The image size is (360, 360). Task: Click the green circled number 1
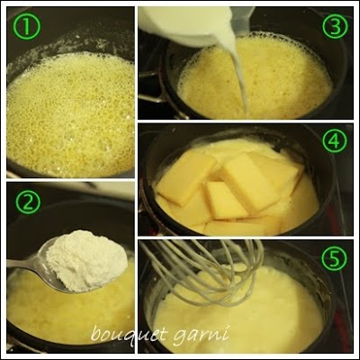click(28, 27)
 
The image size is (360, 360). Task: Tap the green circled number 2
click(28, 202)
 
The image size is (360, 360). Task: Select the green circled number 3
click(335, 27)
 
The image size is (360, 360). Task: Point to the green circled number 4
click(335, 140)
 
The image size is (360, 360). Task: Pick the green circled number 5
click(335, 257)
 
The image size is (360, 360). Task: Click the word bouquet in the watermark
click(128, 334)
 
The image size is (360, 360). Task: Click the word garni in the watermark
click(201, 334)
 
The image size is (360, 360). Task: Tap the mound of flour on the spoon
click(86, 260)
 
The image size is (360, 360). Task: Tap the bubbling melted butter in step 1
click(70, 114)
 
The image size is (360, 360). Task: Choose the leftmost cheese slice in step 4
click(185, 176)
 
